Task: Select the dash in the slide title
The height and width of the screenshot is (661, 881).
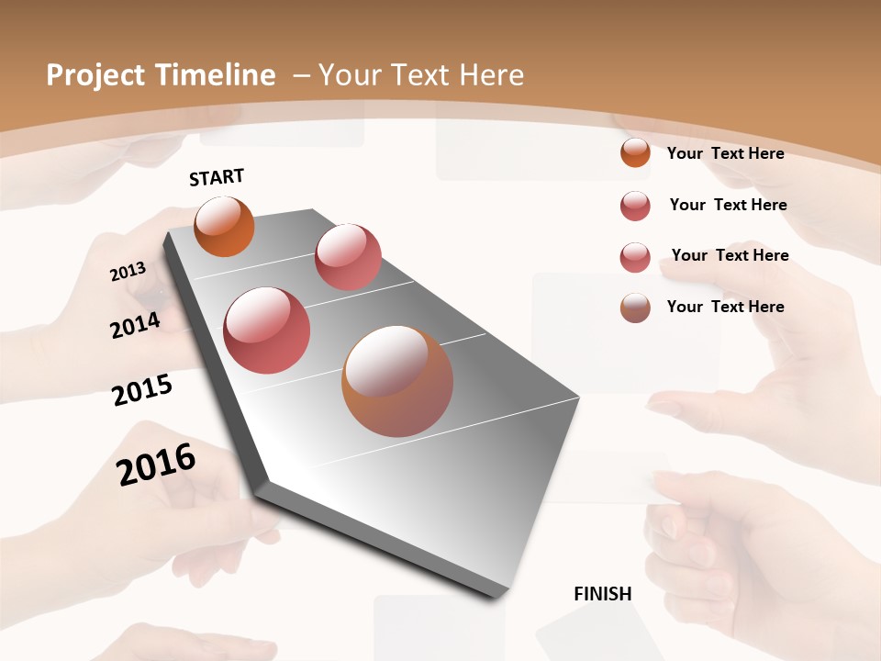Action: [x=301, y=75]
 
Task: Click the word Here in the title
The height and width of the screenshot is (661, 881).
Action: [x=491, y=75]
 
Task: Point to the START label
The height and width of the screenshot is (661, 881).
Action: [x=217, y=177]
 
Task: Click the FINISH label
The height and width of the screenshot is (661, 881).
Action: [x=602, y=594]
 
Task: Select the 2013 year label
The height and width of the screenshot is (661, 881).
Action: [x=128, y=272]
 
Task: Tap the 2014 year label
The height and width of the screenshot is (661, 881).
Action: [x=135, y=326]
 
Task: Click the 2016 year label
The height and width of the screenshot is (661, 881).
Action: [x=156, y=465]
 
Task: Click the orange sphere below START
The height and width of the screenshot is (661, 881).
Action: [x=224, y=226]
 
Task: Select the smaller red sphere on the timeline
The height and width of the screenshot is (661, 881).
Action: [x=348, y=257]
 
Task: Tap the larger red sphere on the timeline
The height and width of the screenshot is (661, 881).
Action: [x=267, y=330]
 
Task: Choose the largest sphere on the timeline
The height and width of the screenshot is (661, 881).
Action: [x=397, y=381]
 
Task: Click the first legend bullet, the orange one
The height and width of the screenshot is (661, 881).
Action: [x=635, y=152]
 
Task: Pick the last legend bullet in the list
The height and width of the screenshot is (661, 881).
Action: [x=635, y=308]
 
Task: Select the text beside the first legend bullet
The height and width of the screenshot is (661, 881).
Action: [x=725, y=153]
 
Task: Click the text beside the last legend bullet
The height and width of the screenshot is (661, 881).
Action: [x=725, y=307]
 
